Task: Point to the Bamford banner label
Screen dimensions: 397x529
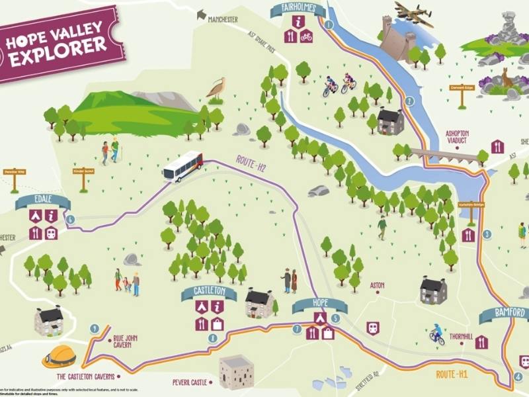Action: pos(504,313)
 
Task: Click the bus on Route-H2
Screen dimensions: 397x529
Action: pos(183,166)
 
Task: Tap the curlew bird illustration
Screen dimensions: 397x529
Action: pos(216,89)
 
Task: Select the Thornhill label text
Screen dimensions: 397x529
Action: pos(461,336)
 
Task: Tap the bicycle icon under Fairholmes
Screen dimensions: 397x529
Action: pos(305,36)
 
